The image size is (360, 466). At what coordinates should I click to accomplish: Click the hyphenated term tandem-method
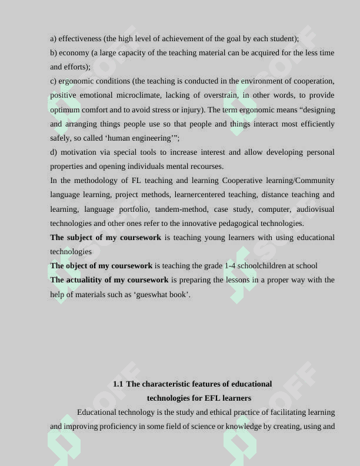coord(181,209)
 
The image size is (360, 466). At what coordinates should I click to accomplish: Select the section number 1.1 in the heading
coord(118,384)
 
